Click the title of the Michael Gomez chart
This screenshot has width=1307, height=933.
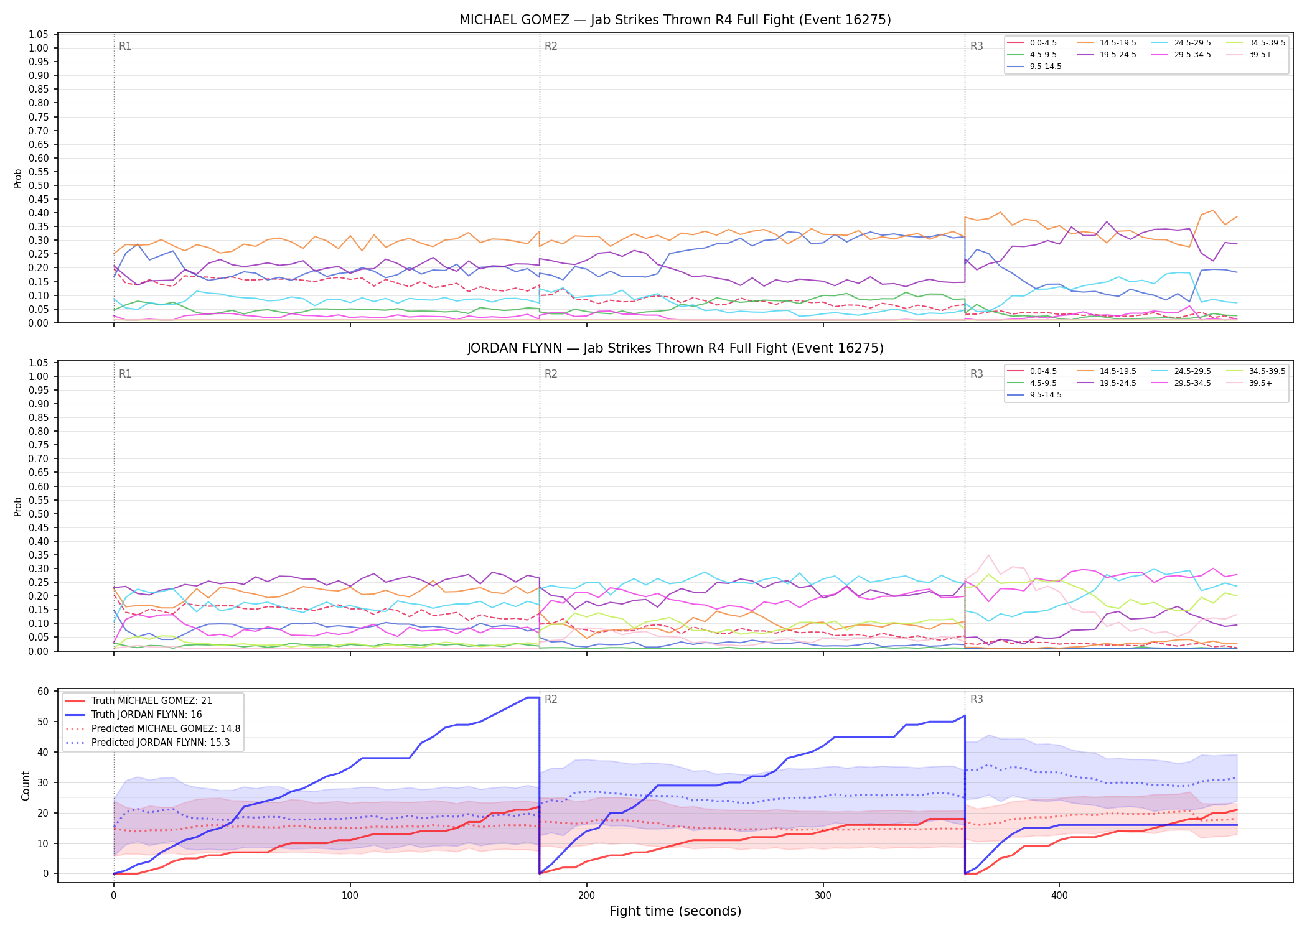tap(675, 20)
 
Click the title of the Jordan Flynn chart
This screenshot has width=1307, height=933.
tap(675, 348)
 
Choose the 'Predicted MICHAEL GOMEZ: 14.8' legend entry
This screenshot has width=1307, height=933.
tap(153, 729)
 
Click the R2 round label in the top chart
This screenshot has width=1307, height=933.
tap(551, 46)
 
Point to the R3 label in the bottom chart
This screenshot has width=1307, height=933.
tap(977, 699)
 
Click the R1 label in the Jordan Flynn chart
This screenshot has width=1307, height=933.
tap(125, 374)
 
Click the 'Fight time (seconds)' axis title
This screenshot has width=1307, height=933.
tap(675, 911)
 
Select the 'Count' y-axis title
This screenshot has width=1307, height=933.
tap(26, 786)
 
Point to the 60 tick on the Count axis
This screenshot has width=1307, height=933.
tap(43, 692)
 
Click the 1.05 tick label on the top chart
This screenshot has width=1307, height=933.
tap(39, 34)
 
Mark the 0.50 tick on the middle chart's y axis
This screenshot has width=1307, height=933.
tap(39, 514)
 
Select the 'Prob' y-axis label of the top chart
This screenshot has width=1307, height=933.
tap(18, 179)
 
